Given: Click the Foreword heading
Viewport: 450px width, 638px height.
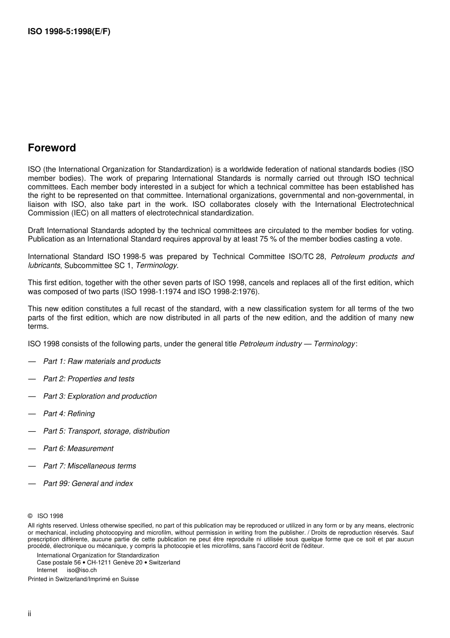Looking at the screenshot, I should [x=52, y=148].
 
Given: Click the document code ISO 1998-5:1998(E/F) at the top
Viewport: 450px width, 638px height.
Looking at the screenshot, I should [x=69, y=32].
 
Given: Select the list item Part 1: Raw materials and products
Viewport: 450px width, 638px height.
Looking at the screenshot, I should [x=102, y=361].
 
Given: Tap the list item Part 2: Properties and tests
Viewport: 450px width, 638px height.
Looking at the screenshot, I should [x=89, y=379].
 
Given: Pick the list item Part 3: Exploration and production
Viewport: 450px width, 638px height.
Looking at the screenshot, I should [x=100, y=397].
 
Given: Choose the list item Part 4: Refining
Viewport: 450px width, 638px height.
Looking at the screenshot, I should [x=69, y=414].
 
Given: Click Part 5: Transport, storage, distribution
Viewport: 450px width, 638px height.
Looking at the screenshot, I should [x=106, y=431].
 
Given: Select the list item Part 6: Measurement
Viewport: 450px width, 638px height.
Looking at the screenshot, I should [x=78, y=449].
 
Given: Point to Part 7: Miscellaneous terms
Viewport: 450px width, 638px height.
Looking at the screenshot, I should [x=90, y=466].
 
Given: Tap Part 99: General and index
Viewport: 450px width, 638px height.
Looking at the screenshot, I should [x=88, y=484].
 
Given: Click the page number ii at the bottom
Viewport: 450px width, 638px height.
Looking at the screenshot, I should [x=29, y=614].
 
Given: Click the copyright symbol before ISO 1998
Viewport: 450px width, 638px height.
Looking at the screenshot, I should [x=30, y=516].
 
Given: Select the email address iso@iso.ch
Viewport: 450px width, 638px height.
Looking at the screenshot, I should [x=81, y=570].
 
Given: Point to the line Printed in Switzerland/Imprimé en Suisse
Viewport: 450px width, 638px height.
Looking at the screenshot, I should [x=83, y=579].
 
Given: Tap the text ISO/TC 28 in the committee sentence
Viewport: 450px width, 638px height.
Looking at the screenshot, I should [x=307, y=257].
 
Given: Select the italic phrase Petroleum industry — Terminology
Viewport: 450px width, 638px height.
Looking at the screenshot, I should [x=297, y=344].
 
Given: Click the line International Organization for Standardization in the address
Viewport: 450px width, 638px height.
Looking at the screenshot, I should [x=98, y=555].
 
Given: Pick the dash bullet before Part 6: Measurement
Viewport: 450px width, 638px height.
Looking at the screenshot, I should [x=32, y=449].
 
